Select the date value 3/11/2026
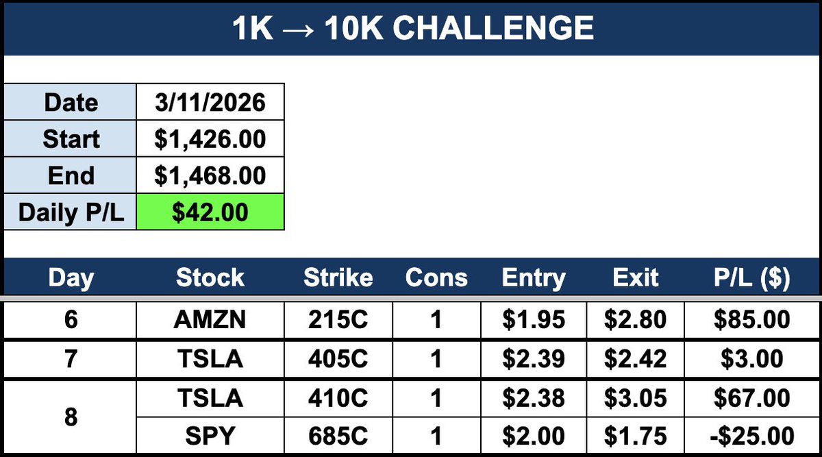210,103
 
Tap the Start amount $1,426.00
210,140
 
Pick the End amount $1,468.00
210,176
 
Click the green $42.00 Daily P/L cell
210,212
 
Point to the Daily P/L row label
71,212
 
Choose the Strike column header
338,278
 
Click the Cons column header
436,278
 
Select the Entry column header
534,278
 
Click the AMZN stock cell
210,320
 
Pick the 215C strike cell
338,320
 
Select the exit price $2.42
636,359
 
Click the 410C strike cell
338,398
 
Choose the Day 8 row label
71,417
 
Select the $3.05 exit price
636,398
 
